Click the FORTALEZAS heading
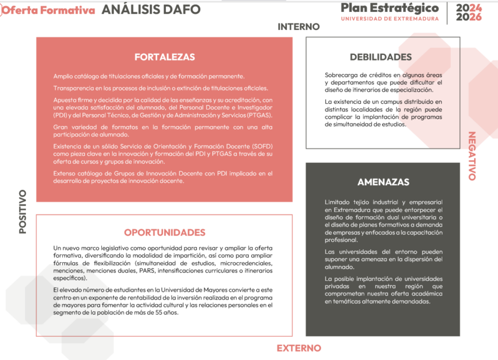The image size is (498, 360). coord(164,58)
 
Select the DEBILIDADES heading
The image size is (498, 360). coord(381,58)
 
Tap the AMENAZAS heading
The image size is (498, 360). coord(383,182)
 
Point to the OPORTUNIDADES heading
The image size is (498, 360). coord(164,232)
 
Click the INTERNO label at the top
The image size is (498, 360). coord(298,27)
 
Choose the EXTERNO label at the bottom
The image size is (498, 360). coord(298,348)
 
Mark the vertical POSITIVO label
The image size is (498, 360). coord(23,211)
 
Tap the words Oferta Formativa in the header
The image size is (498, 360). coord(49,11)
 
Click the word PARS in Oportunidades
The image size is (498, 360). coord(147,271)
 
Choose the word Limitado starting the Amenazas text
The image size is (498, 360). coord(339,202)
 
